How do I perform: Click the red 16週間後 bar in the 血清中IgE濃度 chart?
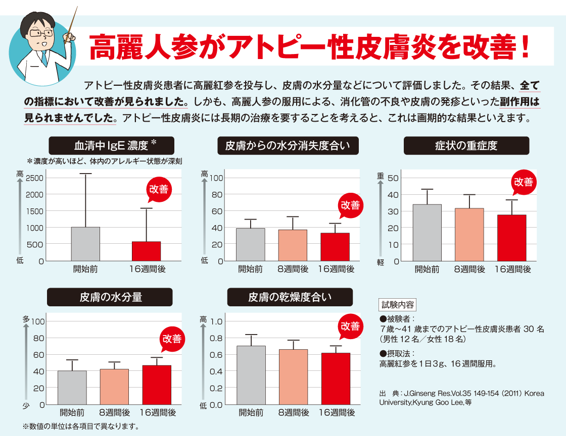tap(146, 251)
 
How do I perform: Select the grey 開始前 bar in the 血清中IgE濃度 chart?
tap(85, 244)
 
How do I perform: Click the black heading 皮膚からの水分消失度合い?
tap(288, 146)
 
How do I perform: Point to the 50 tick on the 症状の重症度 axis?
tap(393, 178)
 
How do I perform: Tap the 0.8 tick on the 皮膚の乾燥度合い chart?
tap(216, 338)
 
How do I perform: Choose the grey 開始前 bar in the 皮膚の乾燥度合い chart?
tap(251, 375)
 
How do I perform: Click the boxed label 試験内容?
tap(397, 305)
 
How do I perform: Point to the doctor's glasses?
tap(41, 34)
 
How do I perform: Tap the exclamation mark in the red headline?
tap(525, 47)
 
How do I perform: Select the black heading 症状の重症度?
tap(466, 146)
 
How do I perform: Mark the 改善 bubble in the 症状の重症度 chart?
tap(524, 183)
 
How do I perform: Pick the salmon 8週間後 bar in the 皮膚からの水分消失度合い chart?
tap(293, 245)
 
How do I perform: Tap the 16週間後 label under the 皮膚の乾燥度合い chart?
tap(337, 413)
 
